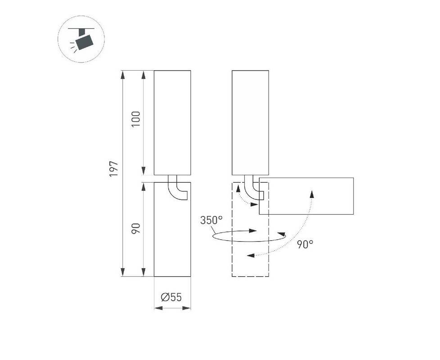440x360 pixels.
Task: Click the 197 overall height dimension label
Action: click(114, 169)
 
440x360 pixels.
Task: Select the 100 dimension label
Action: click(136, 119)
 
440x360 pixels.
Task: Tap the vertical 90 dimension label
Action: click(136, 229)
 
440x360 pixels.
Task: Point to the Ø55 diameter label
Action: click(171, 297)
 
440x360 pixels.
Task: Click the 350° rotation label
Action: click(211, 220)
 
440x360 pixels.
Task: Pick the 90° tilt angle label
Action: click(305, 244)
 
